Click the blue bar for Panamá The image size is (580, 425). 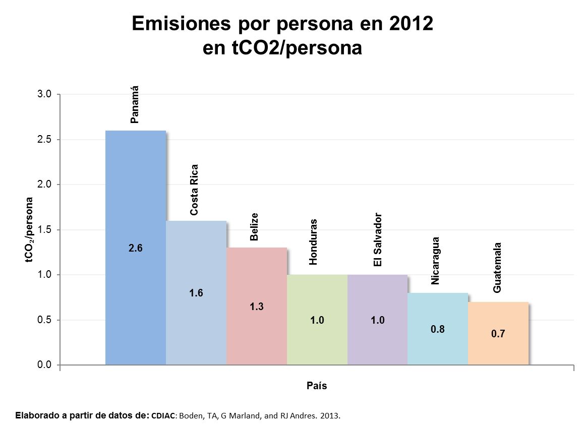(x=135, y=202)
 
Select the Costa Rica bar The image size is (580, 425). (x=196, y=262)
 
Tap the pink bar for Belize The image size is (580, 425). (x=256, y=282)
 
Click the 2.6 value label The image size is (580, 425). (x=136, y=248)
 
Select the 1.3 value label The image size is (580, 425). (x=257, y=306)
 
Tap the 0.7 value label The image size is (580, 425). (x=498, y=334)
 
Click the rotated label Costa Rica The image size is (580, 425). (x=194, y=190)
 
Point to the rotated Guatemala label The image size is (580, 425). (x=497, y=268)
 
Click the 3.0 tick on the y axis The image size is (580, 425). (x=45, y=94)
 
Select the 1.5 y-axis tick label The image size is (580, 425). (x=45, y=230)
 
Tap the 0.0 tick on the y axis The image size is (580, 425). (x=45, y=365)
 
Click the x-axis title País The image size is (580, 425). (x=317, y=386)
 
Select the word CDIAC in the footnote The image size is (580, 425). (x=163, y=416)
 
